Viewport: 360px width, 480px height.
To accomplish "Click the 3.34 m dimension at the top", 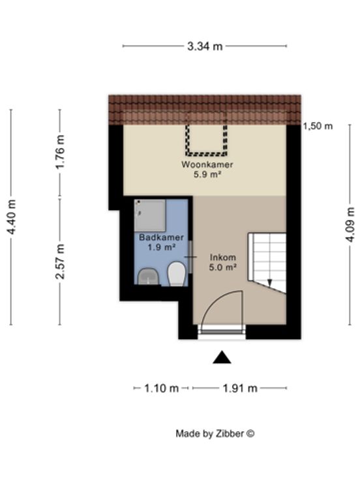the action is click(x=205, y=46).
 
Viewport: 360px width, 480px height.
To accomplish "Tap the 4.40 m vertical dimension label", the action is click(x=12, y=217).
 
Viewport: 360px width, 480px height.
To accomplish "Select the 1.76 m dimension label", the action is click(x=60, y=151).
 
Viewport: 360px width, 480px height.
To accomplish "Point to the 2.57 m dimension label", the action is click(x=60, y=261).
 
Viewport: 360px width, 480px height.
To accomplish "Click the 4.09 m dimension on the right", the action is click(x=350, y=224).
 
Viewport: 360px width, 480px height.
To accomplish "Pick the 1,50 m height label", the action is click(x=318, y=126).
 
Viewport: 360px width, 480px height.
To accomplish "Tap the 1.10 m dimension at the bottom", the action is click(x=161, y=389).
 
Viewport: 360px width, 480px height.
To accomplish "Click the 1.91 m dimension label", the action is click(x=240, y=389).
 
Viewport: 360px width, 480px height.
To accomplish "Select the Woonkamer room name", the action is click(x=207, y=164).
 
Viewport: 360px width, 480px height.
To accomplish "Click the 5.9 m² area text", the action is click(x=207, y=175).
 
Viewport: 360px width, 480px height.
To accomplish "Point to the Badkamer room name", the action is click(x=161, y=237).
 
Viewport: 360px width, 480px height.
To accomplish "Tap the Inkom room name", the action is click(x=222, y=258).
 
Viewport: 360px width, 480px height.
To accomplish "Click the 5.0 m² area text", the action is click(x=222, y=267).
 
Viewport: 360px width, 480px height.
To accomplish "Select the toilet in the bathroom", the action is click(x=177, y=273).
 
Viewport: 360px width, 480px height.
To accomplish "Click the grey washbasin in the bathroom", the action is click(x=148, y=277).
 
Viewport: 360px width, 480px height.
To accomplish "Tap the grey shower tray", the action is click(x=150, y=215).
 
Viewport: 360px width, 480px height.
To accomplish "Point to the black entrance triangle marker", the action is click(x=222, y=357).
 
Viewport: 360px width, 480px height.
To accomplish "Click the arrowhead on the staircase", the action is click(x=270, y=283).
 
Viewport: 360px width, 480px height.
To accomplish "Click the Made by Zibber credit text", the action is click(x=215, y=434).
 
